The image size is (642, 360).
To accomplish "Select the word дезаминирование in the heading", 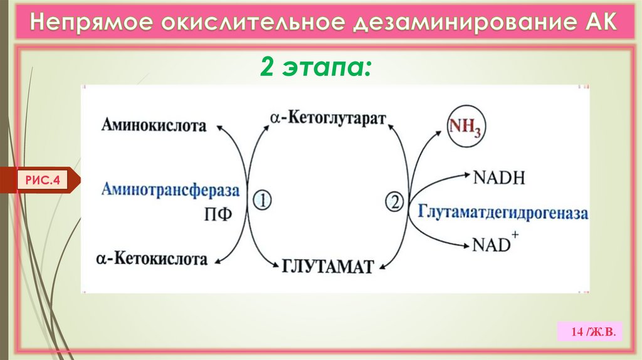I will tap(453, 23).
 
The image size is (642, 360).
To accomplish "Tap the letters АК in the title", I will tap(594, 23).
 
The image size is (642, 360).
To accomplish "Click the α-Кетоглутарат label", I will tap(329, 119).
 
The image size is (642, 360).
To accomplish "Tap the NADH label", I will tap(499, 177).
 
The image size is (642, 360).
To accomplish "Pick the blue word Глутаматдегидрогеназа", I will tap(503, 212).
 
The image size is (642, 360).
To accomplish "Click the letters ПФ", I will tap(219, 214).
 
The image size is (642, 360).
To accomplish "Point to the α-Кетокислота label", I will tap(152, 258).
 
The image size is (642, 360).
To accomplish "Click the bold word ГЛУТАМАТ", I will tap(328, 266).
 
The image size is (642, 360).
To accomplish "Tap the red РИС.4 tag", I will tap(43, 181).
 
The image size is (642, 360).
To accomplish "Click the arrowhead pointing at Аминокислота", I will tap(219, 127).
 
